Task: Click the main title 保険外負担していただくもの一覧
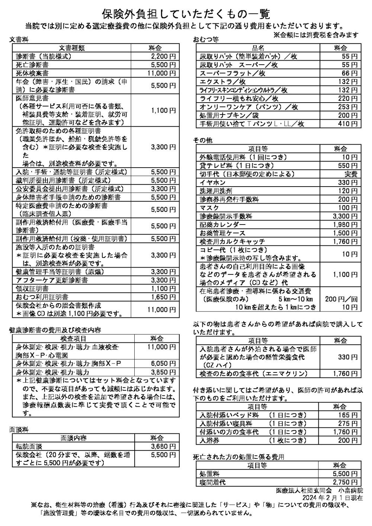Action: (x=186, y=14)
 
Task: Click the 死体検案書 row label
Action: (x=32, y=73)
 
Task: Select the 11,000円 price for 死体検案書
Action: (x=161, y=73)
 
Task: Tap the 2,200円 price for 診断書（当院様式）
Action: (x=163, y=57)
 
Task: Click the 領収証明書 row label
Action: (x=32, y=288)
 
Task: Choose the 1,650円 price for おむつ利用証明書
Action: (x=163, y=297)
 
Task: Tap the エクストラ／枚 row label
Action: (x=223, y=81)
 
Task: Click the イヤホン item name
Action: (x=213, y=183)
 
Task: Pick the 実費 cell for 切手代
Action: (x=350, y=174)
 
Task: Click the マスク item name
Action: (x=209, y=208)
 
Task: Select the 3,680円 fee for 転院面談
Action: (x=163, y=446)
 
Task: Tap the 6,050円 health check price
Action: (x=163, y=363)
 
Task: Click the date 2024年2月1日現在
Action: (x=333, y=498)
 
